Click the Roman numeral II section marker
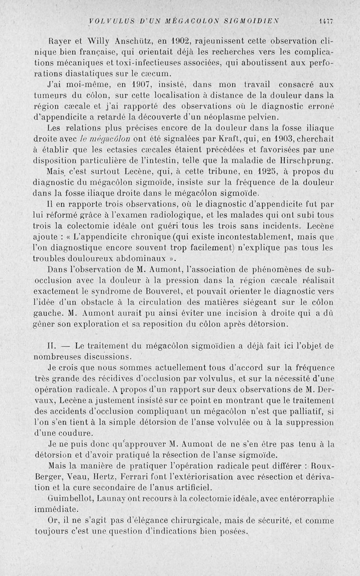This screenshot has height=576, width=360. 50,347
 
